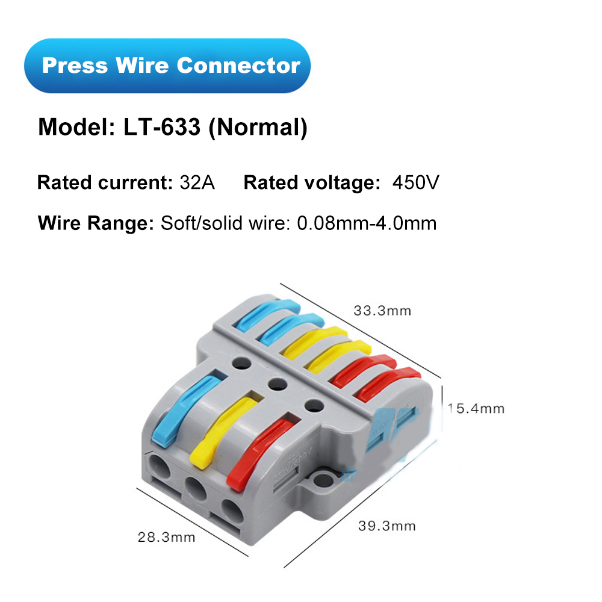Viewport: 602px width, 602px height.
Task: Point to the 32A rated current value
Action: coord(197,182)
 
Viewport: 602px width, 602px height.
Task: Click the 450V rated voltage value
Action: coord(415,182)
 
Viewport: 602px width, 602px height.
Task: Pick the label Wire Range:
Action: coord(96,223)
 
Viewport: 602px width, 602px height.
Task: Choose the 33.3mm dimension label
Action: coord(382,311)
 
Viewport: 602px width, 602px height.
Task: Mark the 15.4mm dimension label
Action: coord(476,409)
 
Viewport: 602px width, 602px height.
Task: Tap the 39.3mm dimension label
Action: coord(387,526)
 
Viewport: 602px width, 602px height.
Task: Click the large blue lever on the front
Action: coord(181,409)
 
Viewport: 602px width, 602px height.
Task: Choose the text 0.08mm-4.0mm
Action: coord(367,223)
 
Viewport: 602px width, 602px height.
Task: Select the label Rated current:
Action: coord(105,182)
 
